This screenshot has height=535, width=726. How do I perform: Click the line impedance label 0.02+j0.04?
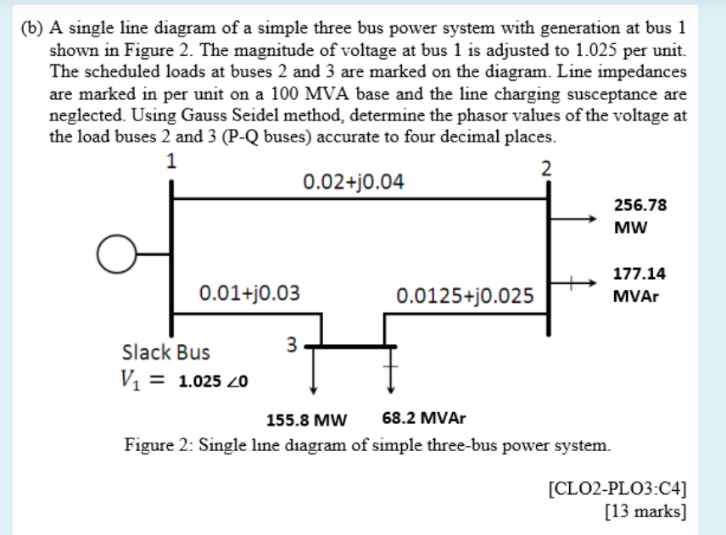pyautogui.click(x=354, y=181)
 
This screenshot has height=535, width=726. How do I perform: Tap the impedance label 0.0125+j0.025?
pyautogui.click(x=465, y=296)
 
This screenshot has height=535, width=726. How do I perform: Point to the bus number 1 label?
pyautogui.click(x=171, y=161)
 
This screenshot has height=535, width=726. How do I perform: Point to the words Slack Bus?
pyautogui.click(x=166, y=351)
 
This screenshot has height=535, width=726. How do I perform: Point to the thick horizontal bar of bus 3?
pyautogui.click(x=353, y=345)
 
